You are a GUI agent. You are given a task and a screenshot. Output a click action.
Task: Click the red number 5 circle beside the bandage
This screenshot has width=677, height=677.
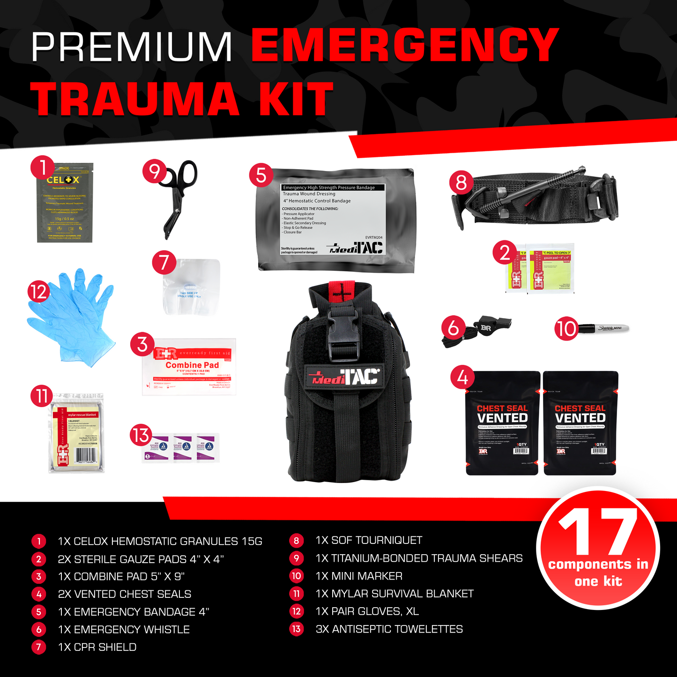[x=261, y=175]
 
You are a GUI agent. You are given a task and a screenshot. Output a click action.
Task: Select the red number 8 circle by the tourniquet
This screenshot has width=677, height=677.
[x=461, y=182]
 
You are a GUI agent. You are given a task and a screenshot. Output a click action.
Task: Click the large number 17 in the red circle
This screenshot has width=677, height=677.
[x=599, y=532]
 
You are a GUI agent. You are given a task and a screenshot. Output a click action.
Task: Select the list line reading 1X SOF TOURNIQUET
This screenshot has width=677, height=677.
[x=369, y=541]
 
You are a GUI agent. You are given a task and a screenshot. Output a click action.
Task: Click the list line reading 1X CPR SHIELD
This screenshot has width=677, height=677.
[x=97, y=647]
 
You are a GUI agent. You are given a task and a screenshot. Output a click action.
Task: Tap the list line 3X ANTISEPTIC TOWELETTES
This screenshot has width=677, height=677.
[x=389, y=629]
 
